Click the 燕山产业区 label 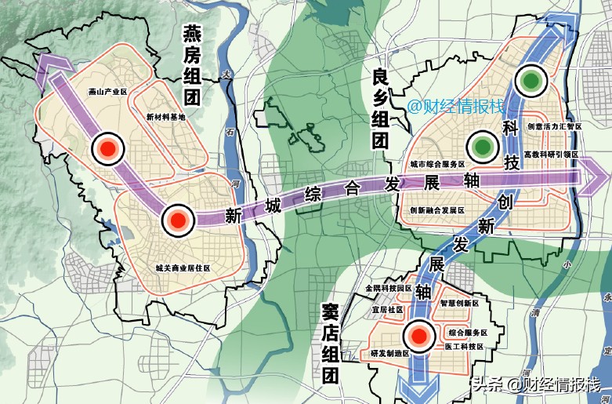click(x=108, y=92)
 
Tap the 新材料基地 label click(x=166, y=117)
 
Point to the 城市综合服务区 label click(x=438, y=165)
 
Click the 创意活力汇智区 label click(x=554, y=126)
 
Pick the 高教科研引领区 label click(x=551, y=155)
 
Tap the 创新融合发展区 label click(x=438, y=210)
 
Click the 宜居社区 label click(x=386, y=309)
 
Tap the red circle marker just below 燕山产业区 click(x=107, y=147)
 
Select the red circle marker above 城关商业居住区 click(x=177, y=221)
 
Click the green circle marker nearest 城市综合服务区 click(x=481, y=146)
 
